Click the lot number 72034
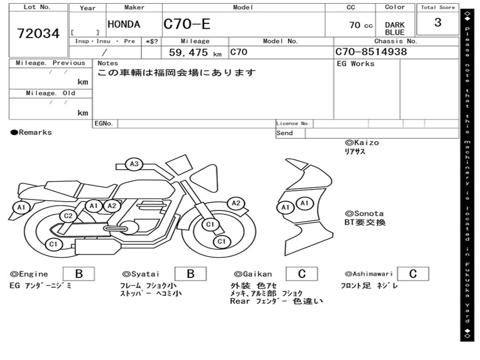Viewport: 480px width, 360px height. [x=38, y=34]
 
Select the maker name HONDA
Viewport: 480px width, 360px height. [x=124, y=25]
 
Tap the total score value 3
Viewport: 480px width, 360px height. [x=437, y=22]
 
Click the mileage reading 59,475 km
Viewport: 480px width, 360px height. [x=195, y=53]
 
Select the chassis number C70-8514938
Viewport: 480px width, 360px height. [x=371, y=52]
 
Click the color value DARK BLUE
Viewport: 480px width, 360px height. [x=395, y=29]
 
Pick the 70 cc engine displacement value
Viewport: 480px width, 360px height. [x=360, y=25]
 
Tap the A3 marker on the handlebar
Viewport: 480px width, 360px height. [x=135, y=164]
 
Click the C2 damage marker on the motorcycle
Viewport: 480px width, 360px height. [x=68, y=216]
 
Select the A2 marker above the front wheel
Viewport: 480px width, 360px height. [x=236, y=203]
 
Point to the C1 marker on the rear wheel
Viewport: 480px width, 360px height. [x=53, y=244]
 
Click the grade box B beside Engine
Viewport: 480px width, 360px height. [x=79, y=274]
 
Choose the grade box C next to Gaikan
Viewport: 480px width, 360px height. [x=301, y=274]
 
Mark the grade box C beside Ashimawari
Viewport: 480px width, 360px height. [x=412, y=274]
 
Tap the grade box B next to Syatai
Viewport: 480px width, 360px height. [x=190, y=274]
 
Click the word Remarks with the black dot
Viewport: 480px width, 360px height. [x=31, y=133]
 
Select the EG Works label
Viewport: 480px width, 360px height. [x=356, y=64]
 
